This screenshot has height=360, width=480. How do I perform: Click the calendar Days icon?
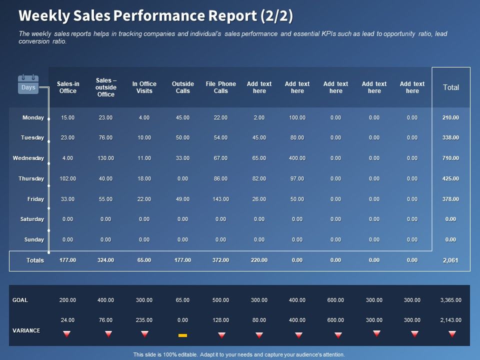pos(28,84)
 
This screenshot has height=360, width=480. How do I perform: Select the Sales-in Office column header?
pos(67,87)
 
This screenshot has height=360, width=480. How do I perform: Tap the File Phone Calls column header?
pos(220,87)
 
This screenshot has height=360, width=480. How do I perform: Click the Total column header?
pos(450,87)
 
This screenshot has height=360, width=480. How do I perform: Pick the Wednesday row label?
pos(28,158)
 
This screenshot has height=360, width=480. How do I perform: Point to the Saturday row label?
pos(32,219)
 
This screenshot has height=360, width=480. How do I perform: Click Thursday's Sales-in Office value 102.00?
pos(67,178)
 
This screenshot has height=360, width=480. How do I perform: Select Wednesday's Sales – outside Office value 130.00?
pos(105,158)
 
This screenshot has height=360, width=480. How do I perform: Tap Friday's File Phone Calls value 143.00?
pos(220,199)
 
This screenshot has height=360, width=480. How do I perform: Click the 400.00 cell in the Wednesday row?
pos(297,158)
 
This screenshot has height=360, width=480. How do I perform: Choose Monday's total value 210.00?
pos(450,117)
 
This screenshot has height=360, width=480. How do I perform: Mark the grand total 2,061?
pos(450,260)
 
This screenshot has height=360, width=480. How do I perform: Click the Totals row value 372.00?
pos(220,260)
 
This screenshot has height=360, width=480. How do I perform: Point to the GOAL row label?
pos(20,300)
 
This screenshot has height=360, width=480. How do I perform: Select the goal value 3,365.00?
pos(450,300)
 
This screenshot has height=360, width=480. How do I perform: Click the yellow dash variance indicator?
pos(182,335)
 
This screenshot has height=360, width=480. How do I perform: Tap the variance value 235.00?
pos(144,320)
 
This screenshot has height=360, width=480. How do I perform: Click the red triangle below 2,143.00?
pos(452,334)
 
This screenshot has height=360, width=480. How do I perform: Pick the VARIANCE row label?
pos(26,330)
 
